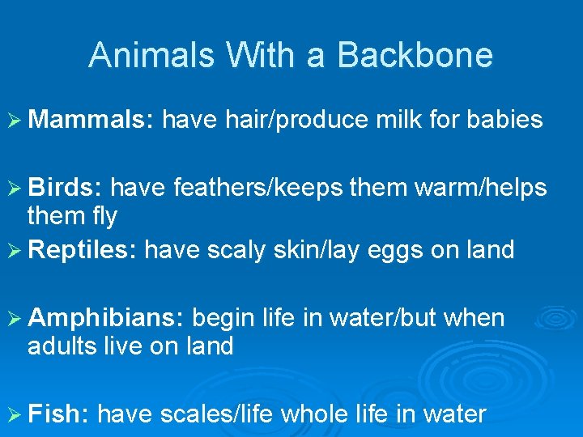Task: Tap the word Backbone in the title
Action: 415,55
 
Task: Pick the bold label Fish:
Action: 57,415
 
